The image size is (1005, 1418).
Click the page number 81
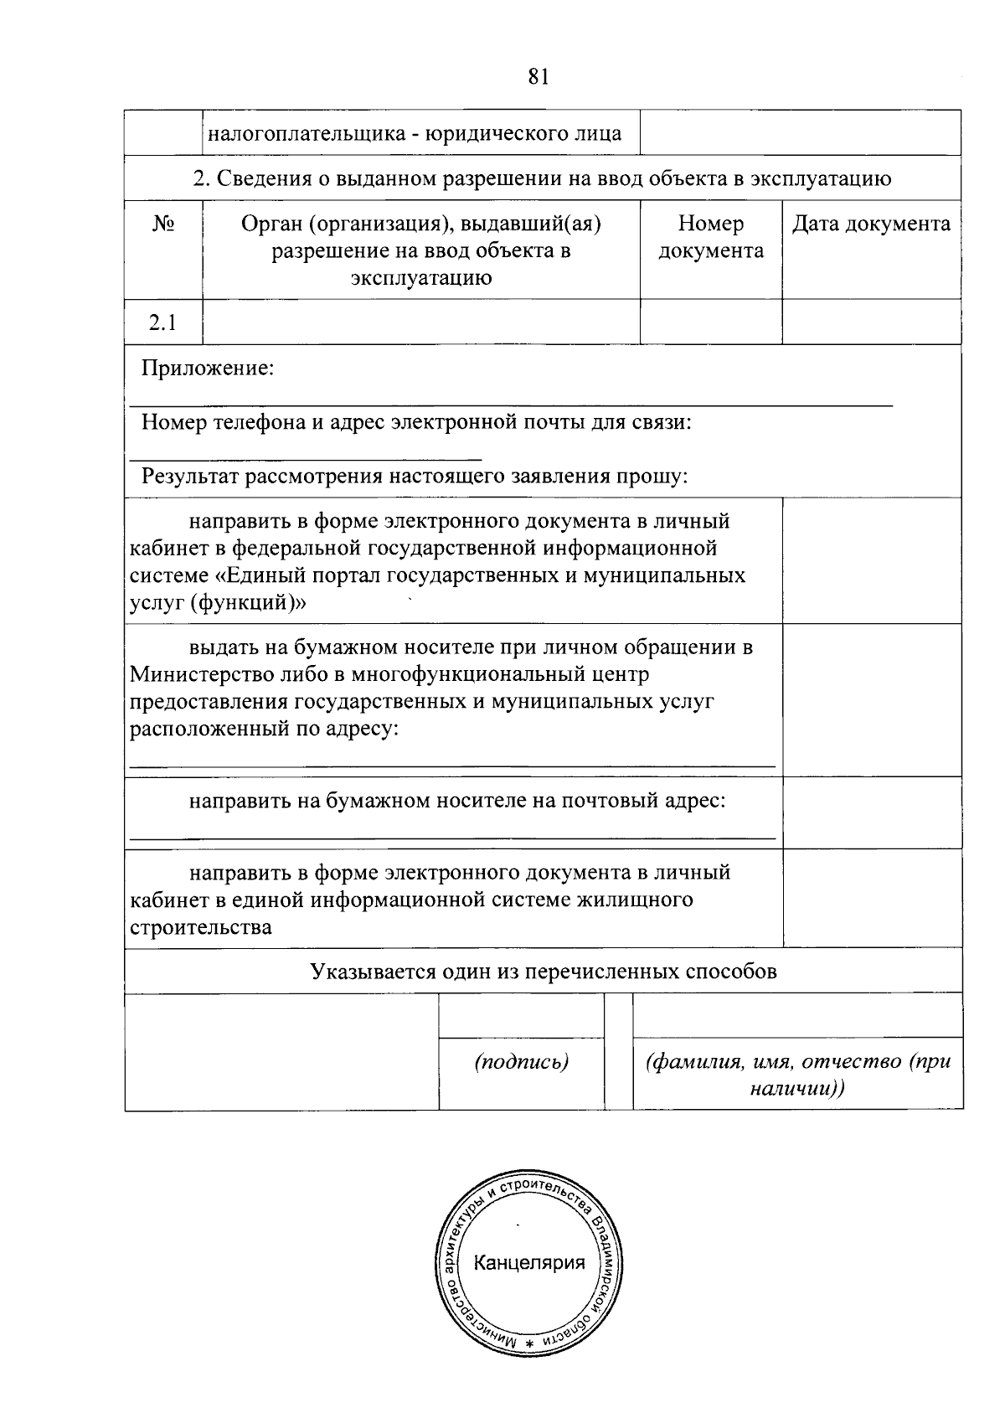(539, 77)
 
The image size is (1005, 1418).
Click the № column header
(163, 224)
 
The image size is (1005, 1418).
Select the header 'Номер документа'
(711, 237)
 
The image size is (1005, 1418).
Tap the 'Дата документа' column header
(871, 224)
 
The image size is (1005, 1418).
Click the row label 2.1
(163, 322)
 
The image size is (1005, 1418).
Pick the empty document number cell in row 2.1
(711, 322)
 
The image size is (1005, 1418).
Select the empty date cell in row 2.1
(871, 322)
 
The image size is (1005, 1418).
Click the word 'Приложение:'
(208, 368)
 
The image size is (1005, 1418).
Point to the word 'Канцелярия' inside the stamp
(529, 1262)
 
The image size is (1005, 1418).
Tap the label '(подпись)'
(521, 1062)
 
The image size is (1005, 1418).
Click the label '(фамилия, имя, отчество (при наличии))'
(797, 1075)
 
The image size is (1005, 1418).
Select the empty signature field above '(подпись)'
(521, 1016)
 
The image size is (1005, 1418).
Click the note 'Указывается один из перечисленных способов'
(543, 971)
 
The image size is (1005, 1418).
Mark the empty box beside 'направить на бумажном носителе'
(871, 812)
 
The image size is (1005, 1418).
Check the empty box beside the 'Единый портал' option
(871, 560)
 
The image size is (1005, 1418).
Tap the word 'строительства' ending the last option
(200, 927)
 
